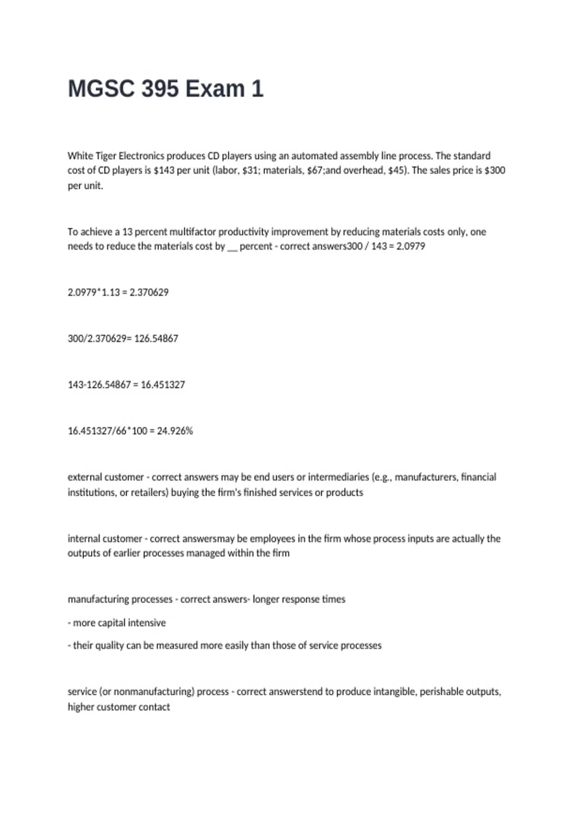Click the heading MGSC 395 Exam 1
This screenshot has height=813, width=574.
coord(166,89)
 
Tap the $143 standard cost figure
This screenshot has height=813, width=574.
coord(164,171)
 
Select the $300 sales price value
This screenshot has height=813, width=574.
coord(495,171)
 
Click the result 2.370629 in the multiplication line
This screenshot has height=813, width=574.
coord(149,292)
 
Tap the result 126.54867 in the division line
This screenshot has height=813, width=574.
coord(156,339)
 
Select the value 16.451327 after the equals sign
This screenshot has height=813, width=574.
coord(163,385)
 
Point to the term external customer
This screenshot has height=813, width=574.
coord(106,477)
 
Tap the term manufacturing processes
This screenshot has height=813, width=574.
coord(120,600)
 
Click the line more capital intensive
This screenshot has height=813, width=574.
coord(119,623)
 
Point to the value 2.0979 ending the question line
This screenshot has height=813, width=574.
coord(410,247)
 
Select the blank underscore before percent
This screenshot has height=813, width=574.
coord(232,248)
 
